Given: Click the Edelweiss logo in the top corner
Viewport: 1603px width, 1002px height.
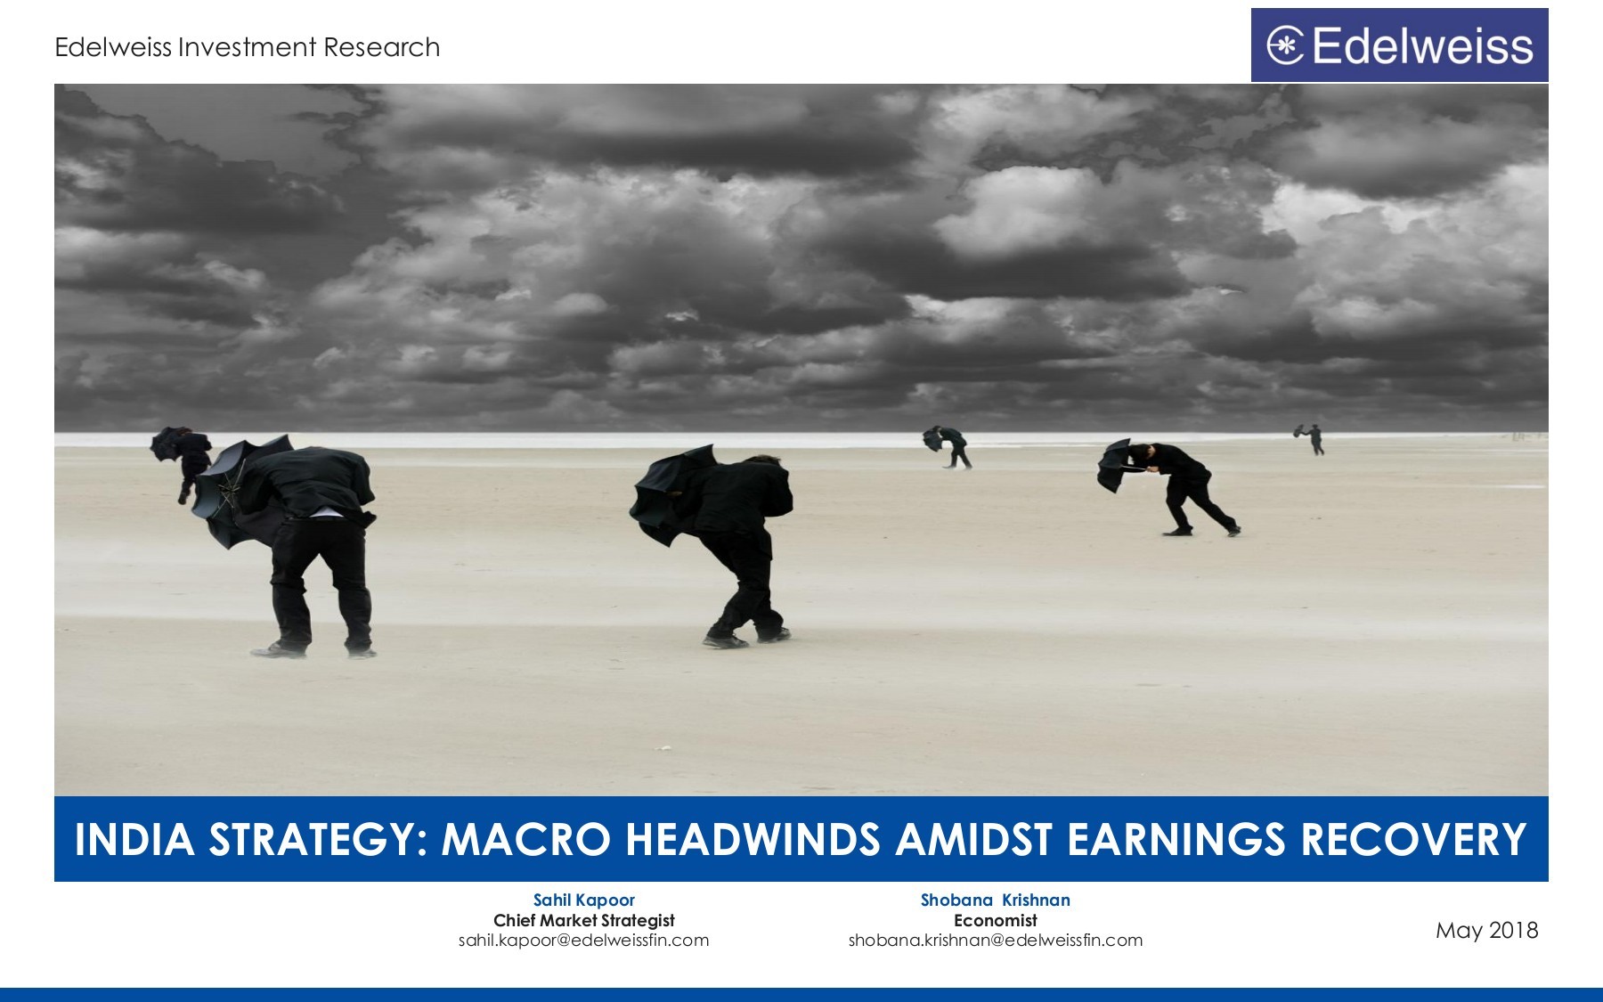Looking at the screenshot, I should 1399,45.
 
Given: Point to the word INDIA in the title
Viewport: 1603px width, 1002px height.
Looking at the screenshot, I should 134,840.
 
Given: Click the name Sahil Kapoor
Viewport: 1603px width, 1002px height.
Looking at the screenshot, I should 584,900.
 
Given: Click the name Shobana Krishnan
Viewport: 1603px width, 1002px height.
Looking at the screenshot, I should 995,900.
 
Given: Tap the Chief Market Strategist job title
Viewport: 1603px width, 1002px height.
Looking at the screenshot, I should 584,920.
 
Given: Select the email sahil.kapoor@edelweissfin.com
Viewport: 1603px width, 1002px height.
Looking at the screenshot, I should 584,941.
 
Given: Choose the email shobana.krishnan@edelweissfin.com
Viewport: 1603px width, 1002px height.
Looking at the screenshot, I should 995,941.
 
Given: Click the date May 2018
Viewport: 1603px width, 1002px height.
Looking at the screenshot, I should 1486,931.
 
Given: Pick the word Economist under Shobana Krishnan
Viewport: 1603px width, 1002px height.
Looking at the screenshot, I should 995,920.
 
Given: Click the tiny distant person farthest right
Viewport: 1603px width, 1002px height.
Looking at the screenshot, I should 1314,439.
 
